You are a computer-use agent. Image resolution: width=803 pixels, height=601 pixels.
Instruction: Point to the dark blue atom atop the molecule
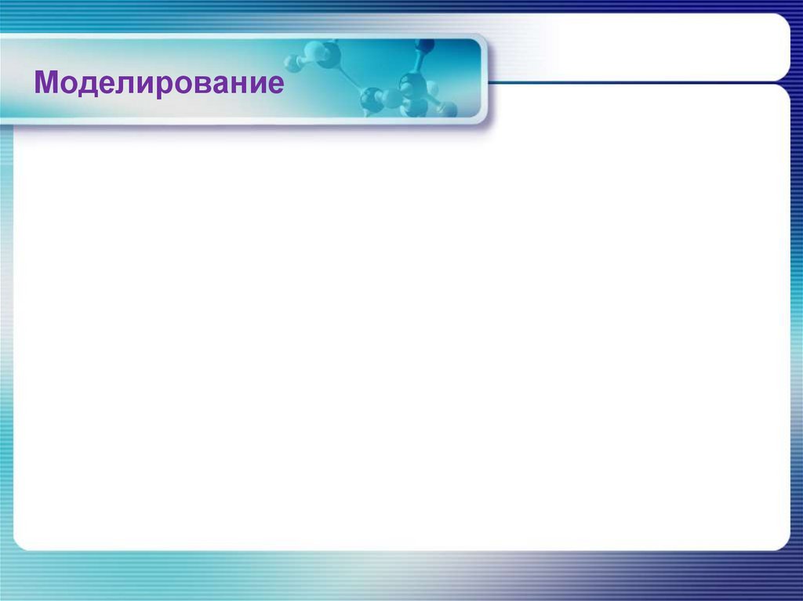(x=424, y=45)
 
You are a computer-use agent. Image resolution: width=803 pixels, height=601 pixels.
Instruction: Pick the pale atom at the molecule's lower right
(x=446, y=109)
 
